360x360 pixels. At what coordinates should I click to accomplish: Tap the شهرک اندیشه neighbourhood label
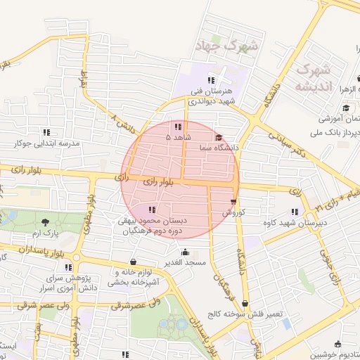coord(312,78)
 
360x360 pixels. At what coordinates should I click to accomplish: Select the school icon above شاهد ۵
coord(177,127)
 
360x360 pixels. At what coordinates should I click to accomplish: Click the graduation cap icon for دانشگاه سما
coord(219,138)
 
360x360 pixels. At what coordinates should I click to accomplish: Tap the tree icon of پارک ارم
coord(46,222)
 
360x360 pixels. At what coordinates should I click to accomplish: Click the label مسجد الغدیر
coord(185,262)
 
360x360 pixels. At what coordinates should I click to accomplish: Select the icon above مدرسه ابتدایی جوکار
coord(47,131)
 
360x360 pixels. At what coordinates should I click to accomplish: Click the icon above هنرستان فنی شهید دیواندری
coord(212,80)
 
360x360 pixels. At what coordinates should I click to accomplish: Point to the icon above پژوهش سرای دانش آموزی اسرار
coord(68,267)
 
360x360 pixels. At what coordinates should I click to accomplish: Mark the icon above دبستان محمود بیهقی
coord(152,210)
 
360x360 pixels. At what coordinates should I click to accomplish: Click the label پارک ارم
coord(47,232)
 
